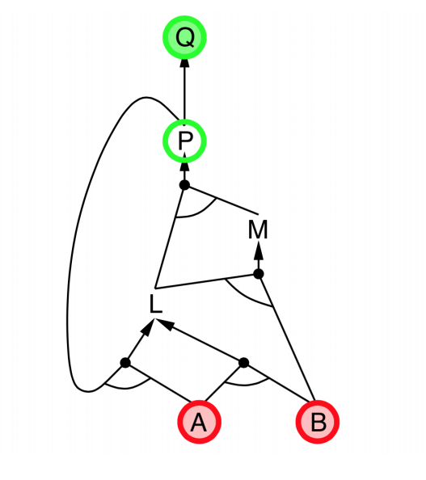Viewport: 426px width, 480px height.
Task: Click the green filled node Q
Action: [184, 37]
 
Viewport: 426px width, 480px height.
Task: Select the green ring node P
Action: [184, 141]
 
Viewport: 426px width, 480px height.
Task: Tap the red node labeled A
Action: [199, 422]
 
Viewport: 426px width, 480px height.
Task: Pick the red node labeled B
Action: [318, 422]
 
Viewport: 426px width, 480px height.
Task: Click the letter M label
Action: [258, 229]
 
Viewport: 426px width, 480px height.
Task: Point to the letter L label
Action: [155, 304]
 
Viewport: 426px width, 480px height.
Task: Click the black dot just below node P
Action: [184, 185]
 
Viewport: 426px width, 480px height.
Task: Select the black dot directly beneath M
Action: [259, 274]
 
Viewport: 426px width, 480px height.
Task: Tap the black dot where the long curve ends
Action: [125, 363]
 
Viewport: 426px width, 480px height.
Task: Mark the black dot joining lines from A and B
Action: [243, 363]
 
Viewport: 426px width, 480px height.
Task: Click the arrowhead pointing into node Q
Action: [184, 64]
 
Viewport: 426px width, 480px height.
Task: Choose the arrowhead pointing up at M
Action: [259, 251]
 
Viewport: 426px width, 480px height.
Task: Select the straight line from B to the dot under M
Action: [287, 337]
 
